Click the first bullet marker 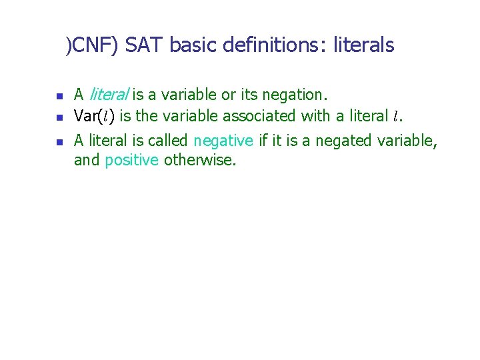(x=58, y=95)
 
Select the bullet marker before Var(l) (x=58, y=117)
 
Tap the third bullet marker (x=58, y=141)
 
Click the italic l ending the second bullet (x=395, y=117)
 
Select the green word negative (x=223, y=140)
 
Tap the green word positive (x=132, y=159)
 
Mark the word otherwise (x=199, y=159)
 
